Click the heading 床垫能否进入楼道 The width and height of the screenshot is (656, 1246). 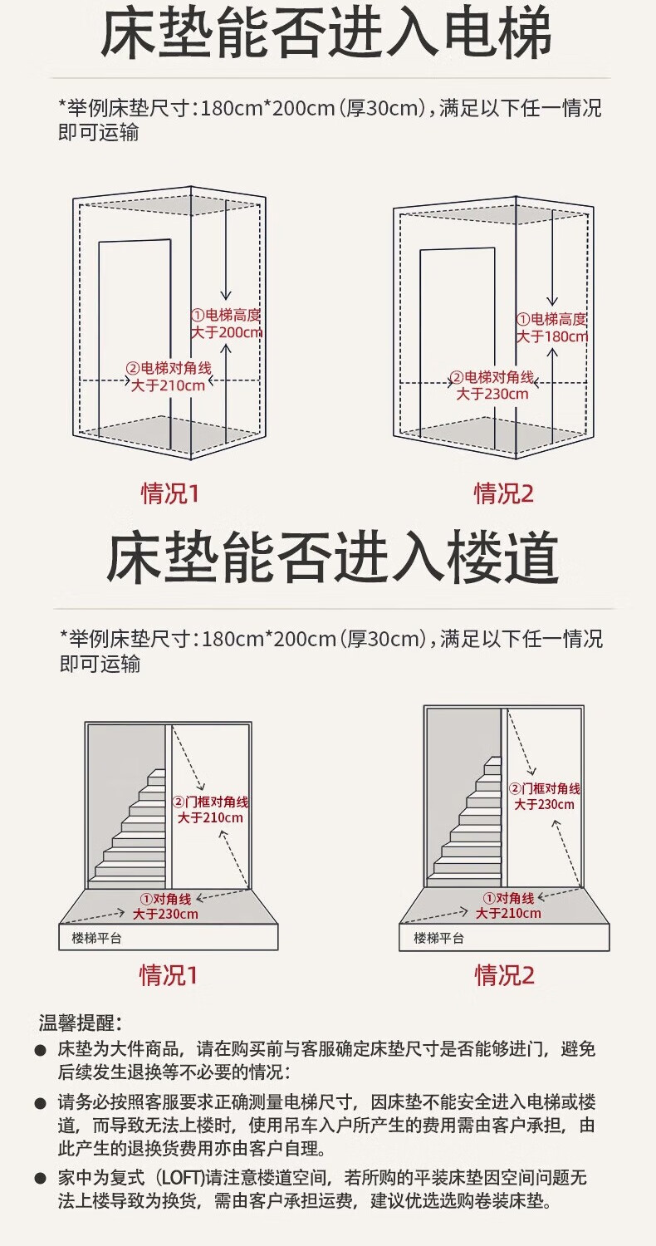[x=332, y=557]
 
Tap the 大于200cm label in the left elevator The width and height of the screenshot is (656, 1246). [x=227, y=332]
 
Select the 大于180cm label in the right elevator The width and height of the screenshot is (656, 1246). [x=552, y=336]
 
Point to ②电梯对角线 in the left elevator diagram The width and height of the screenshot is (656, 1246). [x=167, y=369]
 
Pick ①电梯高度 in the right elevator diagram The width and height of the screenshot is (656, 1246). [x=551, y=320]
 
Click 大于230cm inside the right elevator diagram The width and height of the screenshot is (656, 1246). [x=492, y=394]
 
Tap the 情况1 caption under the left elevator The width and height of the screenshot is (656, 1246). [x=170, y=493]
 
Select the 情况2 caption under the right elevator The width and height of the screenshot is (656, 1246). [x=504, y=493]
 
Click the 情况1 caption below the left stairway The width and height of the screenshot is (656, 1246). [x=169, y=974]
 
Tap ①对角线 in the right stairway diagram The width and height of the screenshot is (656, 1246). [x=509, y=899]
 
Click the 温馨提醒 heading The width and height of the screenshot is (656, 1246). [x=80, y=1023]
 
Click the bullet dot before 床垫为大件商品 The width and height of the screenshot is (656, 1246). [x=40, y=1051]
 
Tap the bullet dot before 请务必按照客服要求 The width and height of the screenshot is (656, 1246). [x=40, y=1104]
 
